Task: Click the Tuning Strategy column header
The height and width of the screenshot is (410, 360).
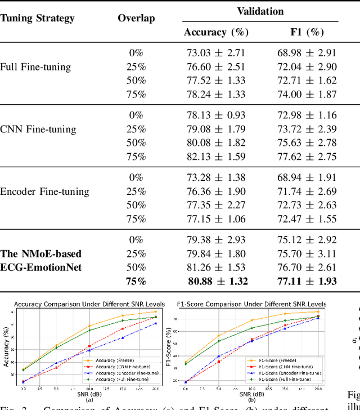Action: click(x=37, y=18)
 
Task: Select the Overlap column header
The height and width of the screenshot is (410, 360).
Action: click(x=136, y=18)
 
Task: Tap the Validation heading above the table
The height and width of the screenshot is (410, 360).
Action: click(x=260, y=11)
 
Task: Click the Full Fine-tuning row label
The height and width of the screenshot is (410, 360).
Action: click(x=35, y=67)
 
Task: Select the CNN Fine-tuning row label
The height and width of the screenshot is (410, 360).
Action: click(x=38, y=130)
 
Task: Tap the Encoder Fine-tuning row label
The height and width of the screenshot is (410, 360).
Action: click(x=44, y=191)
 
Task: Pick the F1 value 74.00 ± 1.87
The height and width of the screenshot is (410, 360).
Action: click(x=307, y=93)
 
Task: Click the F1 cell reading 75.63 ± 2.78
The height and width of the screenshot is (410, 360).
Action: click(x=307, y=142)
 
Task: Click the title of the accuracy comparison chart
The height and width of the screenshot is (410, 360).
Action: click(x=89, y=304)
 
